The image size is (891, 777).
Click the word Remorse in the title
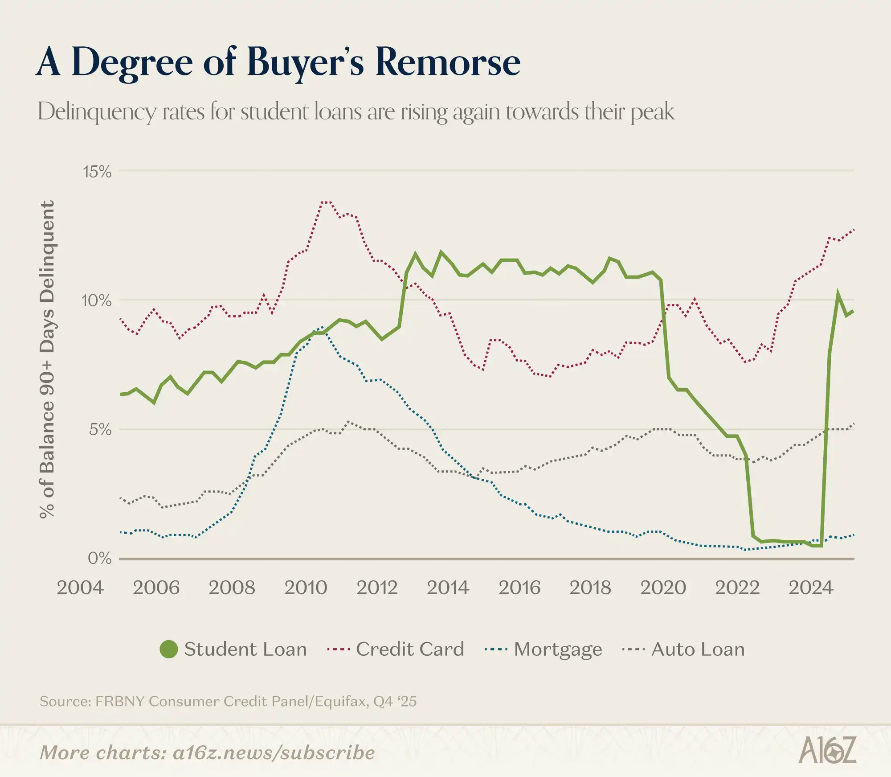(448, 62)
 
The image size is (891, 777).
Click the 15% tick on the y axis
(97, 172)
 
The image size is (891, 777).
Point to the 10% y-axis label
(96, 300)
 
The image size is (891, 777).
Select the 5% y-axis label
(100, 429)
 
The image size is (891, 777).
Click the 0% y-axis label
(99, 558)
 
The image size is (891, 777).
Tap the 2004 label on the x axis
(80, 588)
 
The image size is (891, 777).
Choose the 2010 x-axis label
(306, 588)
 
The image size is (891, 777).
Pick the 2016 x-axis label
(519, 588)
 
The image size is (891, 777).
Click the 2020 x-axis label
(663, 588)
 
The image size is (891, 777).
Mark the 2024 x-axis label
(811, 588)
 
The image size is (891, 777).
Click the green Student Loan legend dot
(169, 649)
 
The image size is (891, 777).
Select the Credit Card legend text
(410, 649)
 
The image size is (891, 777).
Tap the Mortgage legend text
(558, 650)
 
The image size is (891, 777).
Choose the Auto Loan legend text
(698, 649)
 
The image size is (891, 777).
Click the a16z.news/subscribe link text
(274, 753)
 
